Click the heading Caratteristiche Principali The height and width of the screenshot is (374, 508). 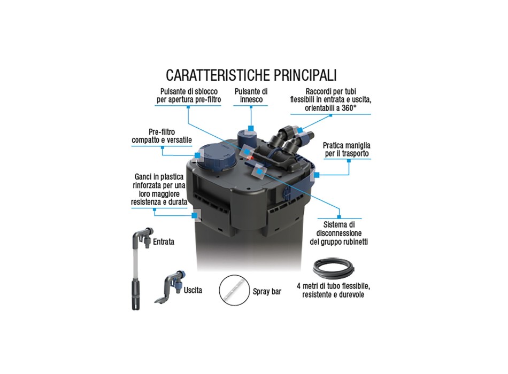[251, 75]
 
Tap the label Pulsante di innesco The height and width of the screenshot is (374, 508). [251, 96]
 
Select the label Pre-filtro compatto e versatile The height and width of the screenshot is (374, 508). [161, 136]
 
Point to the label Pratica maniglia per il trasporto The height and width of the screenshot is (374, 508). [347, 149]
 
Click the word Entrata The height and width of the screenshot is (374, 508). [164, 241]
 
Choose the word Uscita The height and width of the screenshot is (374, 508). [193, 290]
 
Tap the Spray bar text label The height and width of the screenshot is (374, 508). [267, 291]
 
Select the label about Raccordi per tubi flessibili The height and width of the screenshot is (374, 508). [331, 100]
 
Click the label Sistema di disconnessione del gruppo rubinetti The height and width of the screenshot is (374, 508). [338, 233]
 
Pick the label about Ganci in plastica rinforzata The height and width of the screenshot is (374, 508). [159, 190]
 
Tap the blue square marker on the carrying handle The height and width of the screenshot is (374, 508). [317, 175]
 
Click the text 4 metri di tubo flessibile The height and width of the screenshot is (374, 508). [333, 286]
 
